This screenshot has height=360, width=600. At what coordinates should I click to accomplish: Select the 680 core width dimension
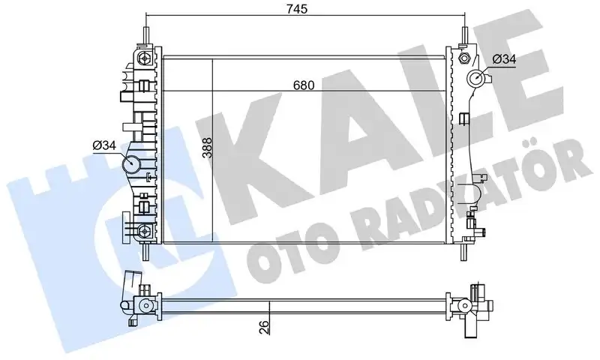click(304, 85)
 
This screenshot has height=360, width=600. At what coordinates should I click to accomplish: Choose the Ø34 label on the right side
click(503, 60)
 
